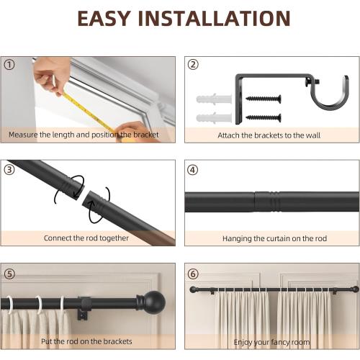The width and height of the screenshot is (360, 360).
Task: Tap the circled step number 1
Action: (x=9, y=65)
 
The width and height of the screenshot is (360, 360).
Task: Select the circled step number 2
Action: (x=193, y=65)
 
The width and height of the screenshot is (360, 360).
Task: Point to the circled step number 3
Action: (x=9, y=170)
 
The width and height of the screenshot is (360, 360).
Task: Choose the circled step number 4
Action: (x=193, y=170)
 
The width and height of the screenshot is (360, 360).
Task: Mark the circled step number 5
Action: (x=9, y=274)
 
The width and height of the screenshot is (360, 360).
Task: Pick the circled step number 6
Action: (x=193, y=274)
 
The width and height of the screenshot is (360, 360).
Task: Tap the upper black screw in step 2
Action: (x=263, y=99)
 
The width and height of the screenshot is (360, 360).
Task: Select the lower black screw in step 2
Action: (x=263, y=116)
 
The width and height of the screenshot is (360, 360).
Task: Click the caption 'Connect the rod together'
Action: (x=86, y=238)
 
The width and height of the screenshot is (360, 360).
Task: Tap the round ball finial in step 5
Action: (x=152, y=301)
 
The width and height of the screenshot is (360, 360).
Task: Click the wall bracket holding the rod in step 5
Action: (x=84, y=305)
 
